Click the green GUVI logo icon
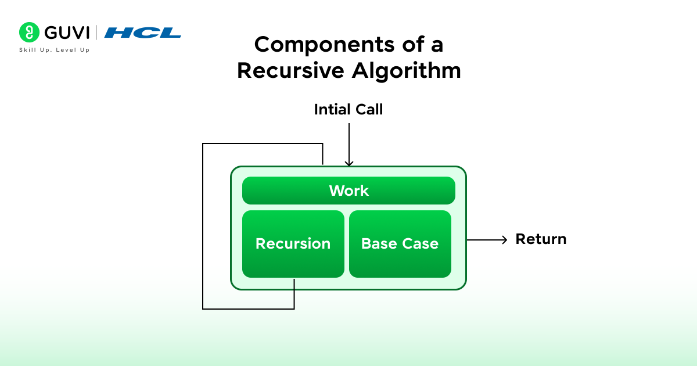(28, 32)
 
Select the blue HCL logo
(143, 33)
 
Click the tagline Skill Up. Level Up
(55, 50)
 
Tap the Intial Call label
(348, 109)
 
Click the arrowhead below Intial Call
(348, 163)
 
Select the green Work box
(348, 191)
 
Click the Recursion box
(293, 243)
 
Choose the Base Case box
(400, 243)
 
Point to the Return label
(541, 239)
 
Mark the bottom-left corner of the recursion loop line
(203, 308)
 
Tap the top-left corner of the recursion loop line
(203, 144)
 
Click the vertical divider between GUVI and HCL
(96, 33)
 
